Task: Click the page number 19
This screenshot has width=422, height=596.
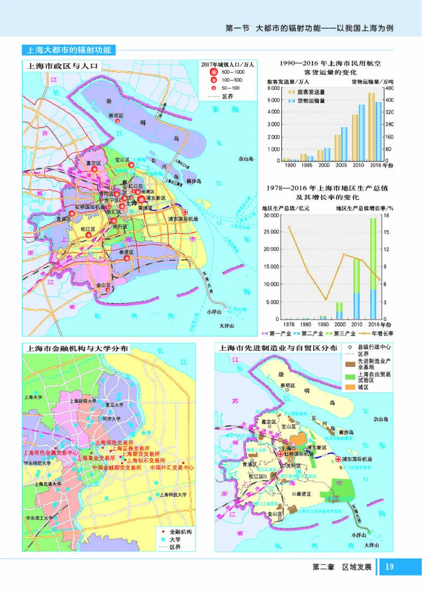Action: click(x=390, y=567)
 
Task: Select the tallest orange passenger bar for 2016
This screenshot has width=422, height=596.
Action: click(x=371, y=126)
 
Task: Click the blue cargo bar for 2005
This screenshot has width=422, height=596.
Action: click(x=344, y=143)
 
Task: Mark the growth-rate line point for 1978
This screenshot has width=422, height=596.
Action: click(x=289, y=227)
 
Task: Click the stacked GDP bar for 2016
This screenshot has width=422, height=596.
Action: click(x=373, y=269)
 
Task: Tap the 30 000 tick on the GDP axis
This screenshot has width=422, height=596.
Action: click(x=270, y=216)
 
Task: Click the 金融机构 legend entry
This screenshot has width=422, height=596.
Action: click(x=180, y=532)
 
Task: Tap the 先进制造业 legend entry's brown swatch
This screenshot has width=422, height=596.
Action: click(x=348, y=364)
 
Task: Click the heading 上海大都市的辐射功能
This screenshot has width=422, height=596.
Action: click(x=69, y=51)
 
